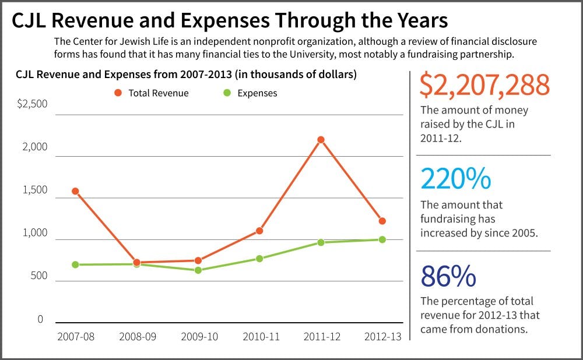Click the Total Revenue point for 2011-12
pos(321,140)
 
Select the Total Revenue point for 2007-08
pos(75,191)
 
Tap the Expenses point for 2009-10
pos(198,270)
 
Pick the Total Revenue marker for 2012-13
pos(382,221)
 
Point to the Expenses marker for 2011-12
pos(321,242)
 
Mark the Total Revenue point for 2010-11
pos(259,231)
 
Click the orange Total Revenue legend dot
pos(118,93)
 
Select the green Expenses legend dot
pos(227,93)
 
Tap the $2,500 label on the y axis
pos(32,104)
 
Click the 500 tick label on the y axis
pos(36,276)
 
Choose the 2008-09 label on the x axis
pos(137,337)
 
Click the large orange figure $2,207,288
pos(484,86)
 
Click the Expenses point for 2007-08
pos(75,264)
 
